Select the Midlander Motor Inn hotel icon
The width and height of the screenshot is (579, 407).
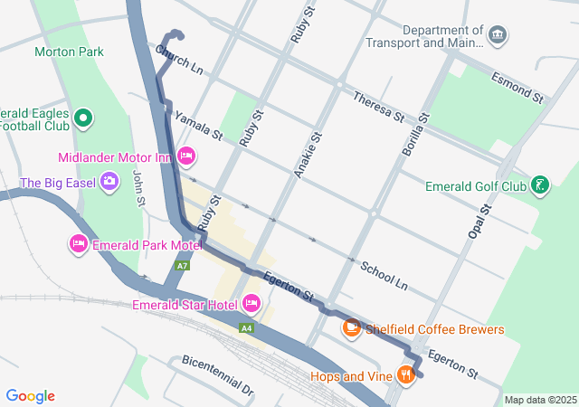coord(186,156)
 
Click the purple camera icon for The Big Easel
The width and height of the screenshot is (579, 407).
coord(109,182)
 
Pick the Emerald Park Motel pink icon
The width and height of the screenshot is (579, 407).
coord(78,244)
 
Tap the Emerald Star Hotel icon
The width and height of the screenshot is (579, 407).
coord(251,304)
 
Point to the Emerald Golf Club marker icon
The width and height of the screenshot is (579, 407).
coord(540,186)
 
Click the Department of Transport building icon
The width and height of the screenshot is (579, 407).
coord(497,35)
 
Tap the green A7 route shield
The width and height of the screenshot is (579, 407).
coord(183,266)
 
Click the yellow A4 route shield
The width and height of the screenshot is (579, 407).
coord(245,327)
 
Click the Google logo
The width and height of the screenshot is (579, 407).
coord(30,396)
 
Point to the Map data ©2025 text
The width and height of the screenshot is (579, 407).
coord(539,400)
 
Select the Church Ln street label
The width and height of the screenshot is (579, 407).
coord(178,62)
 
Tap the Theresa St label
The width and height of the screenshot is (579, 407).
coord(378,107)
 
